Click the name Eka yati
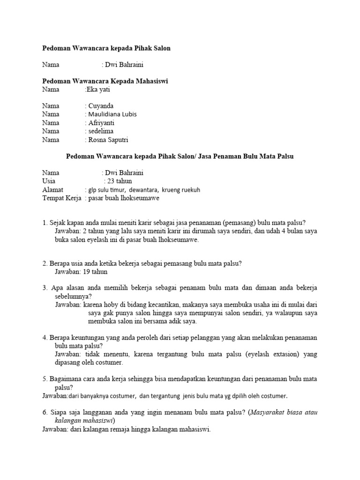98,90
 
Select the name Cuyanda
100,106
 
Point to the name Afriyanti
101,123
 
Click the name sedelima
100,131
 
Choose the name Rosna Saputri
108,140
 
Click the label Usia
49,181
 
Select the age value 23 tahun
119,181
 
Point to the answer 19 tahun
93,271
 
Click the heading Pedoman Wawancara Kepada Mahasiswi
105,81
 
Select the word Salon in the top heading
161,48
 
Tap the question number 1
44,222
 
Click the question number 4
44,337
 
